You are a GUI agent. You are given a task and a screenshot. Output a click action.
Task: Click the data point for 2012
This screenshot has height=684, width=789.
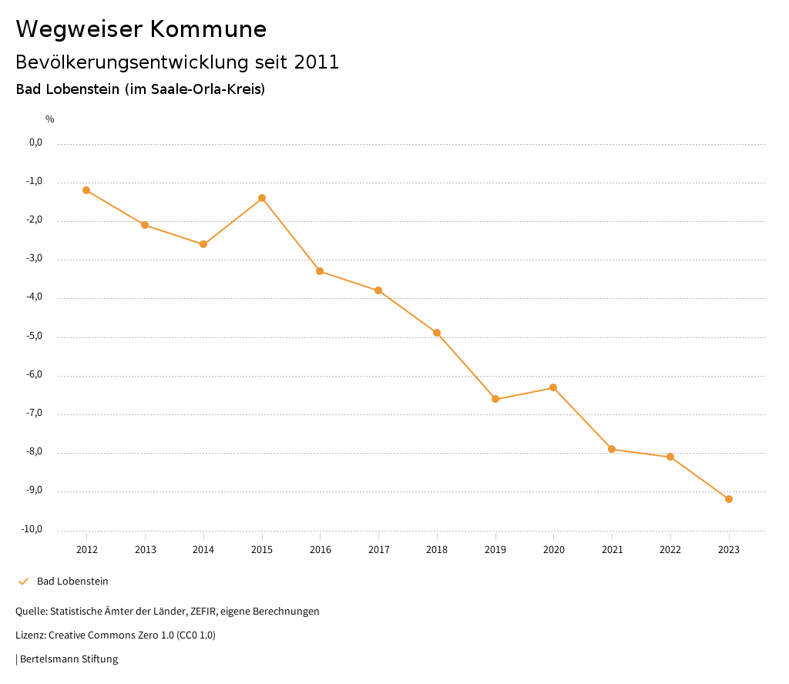pyautogui.click(x=86, y=190)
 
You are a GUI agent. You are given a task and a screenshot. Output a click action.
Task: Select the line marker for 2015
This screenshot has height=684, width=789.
pyautogui.click(x=262, y=198)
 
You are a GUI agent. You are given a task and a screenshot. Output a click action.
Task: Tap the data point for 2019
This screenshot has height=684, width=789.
pyautogui.click(x=495, y=399)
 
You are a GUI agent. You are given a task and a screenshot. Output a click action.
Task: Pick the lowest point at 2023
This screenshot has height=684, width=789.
pyautogui.click(x=729, y=499)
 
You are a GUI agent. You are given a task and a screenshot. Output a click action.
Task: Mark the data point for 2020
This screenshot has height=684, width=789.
pyautogui.click(x=553, y=387)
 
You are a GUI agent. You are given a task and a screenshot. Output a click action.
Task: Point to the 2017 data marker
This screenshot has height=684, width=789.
pyautogui.click(x=378, y=290)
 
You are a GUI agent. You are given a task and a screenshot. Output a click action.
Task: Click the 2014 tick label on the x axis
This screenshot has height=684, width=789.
pyautogui.click(x=203, y=550)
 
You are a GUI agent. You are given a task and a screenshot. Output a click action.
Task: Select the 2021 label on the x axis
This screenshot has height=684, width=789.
pyautogui.click(x=612, y=550)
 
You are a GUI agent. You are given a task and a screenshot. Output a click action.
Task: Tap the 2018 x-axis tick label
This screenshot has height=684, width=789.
pyautogui.click(x=437, y=550)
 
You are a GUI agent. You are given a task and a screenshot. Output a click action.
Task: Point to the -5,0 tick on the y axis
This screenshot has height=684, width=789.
pyautogui.click(x=35, y=336)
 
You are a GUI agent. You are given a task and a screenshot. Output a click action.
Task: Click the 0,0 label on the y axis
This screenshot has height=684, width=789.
pyautogui.click(x=35, y=142)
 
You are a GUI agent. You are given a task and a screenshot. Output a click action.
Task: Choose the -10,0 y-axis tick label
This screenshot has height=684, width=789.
pyautogui.click(x=33, y=529)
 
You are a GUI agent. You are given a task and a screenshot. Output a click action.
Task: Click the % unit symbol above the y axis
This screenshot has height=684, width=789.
pyautogui.click(x=50, y=119)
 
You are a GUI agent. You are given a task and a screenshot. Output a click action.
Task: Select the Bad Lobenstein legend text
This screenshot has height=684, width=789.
pyautogui.click(x=72, y=582)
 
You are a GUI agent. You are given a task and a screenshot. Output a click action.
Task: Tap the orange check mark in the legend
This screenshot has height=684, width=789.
pyautogui.click(x=23, y=582)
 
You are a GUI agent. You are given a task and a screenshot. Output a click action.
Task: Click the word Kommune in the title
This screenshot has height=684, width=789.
pyautogui.click(x=208, y=29)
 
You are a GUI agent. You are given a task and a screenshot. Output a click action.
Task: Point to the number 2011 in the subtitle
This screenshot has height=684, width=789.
pyautogui.click(x=317, y=62)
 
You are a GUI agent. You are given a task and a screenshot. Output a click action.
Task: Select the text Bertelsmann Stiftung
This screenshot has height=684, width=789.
pyautogui.click(x=69, y=659)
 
